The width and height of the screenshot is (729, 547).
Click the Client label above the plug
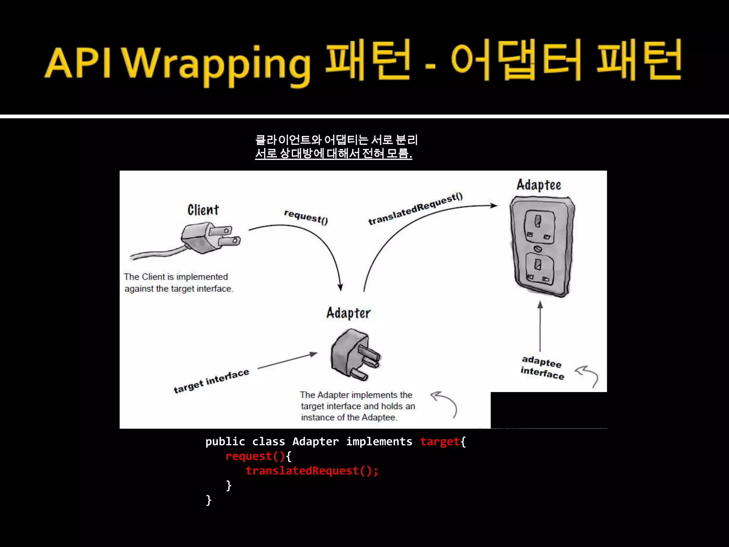pos(203,210)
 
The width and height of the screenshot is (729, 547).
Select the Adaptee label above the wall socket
pos(539,185)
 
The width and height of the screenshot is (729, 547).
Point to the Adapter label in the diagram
pos(348,313)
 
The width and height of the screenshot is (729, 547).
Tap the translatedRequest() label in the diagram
pos(415,209)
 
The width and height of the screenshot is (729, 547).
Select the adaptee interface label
pos(542,368)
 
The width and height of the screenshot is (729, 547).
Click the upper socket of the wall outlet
pos(539,226)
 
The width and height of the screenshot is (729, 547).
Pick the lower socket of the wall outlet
pos(538,269)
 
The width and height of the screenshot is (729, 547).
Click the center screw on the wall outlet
pos(538,249)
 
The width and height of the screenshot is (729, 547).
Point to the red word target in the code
pos(440,442)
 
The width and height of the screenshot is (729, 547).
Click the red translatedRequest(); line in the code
pos(311,471)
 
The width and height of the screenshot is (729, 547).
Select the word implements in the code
pos(379,442)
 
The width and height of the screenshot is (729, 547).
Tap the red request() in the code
pos(255,456)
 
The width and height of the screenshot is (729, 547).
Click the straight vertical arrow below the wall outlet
pos(540,326)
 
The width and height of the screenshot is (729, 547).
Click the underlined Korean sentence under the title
pos(334,153)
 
